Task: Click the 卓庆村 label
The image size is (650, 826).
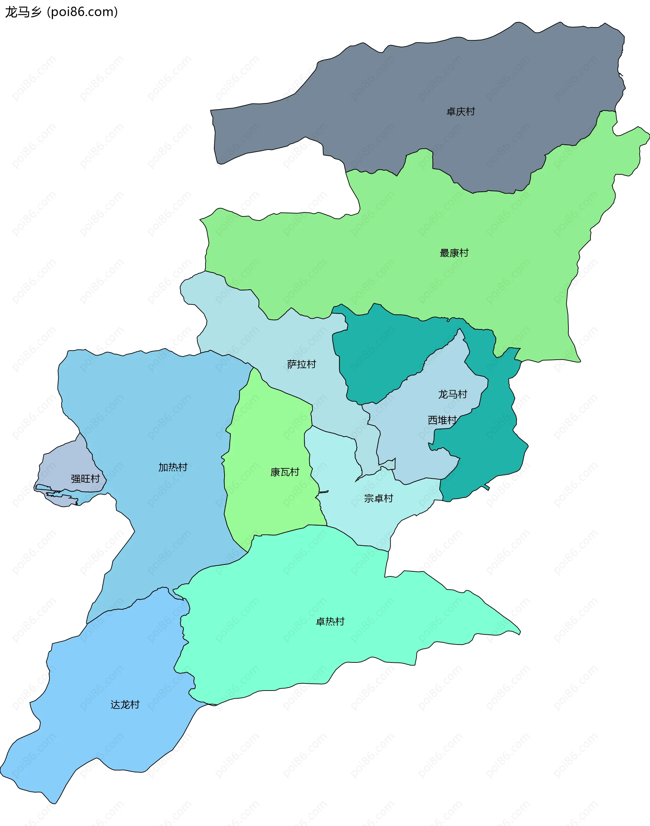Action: (x=460, y=111)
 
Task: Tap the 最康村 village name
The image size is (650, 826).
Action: (x=454, y=253)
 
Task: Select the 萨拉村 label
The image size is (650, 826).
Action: (x=301, y=364)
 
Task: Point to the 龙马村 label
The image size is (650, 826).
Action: (x=453, y=394)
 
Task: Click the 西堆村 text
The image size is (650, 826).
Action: (x=442, y=420)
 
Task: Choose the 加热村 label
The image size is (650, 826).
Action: (x=173, y=467)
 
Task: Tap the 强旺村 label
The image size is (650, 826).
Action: (x=85, y=479)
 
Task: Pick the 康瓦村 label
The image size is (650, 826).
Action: (x=285, y=472)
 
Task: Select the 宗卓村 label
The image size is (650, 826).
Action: (x=378, y=498)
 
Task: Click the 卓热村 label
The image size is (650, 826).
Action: (x=330, y=621)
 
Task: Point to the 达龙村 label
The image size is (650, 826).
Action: (x=125, y=704)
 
